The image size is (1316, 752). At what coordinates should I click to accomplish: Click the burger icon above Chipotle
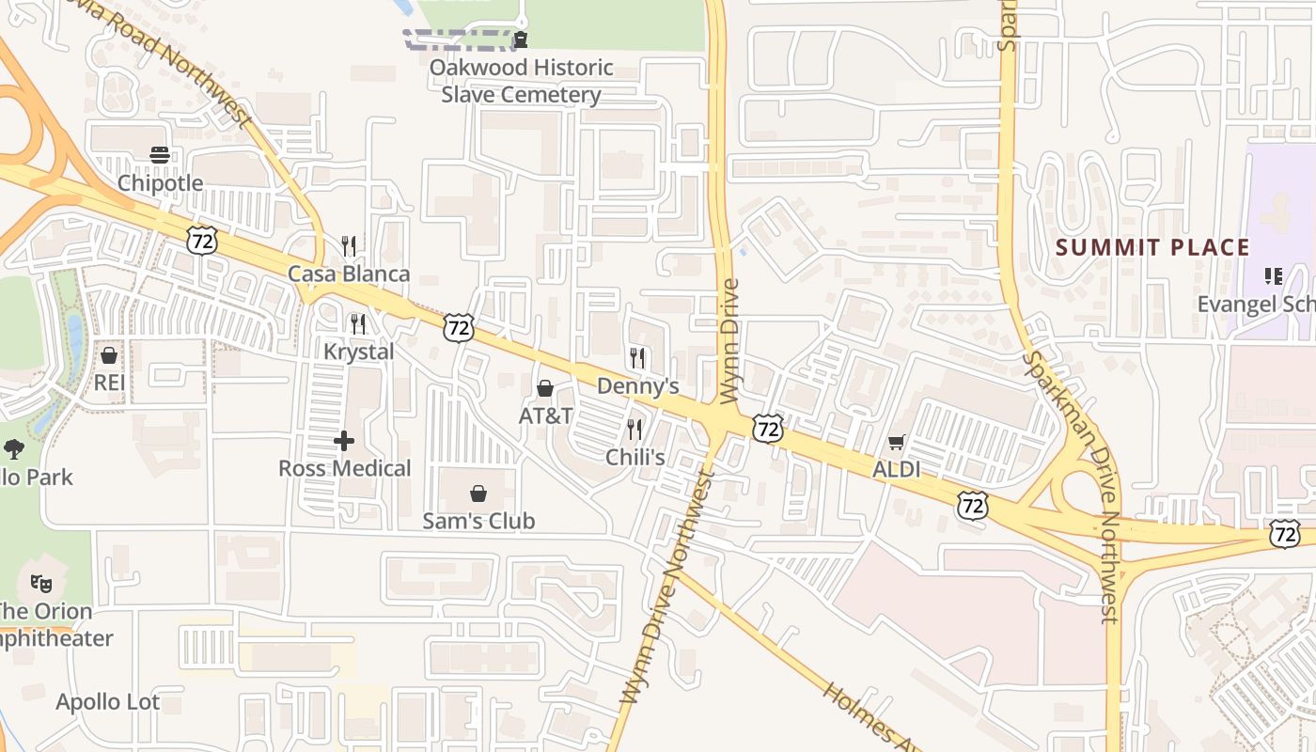160,155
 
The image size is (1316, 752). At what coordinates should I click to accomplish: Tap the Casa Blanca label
349,274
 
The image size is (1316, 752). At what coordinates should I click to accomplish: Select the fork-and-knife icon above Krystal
357,324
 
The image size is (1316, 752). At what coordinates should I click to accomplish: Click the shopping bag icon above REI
109,355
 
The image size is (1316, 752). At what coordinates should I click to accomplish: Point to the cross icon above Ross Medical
344,440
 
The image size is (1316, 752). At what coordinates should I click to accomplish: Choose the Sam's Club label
478,521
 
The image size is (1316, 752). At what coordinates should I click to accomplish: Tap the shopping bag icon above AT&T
544,388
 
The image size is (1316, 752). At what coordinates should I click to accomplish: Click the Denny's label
637,386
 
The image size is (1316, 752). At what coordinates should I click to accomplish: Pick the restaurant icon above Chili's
635,430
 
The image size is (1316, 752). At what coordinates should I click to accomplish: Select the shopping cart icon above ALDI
896,442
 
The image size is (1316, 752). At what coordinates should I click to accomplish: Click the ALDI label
896,469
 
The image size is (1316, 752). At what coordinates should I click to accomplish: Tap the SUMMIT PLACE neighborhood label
1152,248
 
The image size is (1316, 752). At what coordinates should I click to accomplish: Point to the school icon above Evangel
1274,276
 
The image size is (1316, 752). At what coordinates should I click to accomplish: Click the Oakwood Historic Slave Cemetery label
522,81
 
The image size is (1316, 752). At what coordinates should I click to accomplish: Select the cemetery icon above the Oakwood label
520,39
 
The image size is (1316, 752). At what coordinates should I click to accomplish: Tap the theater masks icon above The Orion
41,584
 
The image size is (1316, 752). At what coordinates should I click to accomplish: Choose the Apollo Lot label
107,702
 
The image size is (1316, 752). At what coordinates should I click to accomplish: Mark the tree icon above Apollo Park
14,449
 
